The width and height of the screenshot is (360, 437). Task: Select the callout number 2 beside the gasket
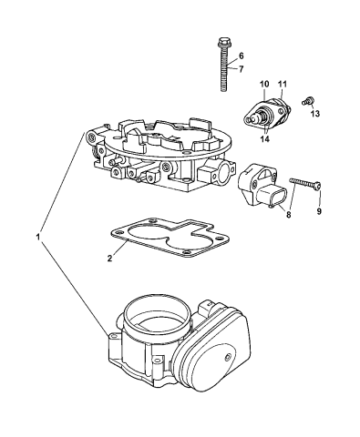[109, 259]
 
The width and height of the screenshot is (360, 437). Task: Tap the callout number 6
[241, 56]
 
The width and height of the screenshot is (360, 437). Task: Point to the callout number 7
[242, 69]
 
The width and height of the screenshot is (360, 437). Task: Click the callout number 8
[288, 215]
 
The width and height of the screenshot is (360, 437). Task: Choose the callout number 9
[319, 211]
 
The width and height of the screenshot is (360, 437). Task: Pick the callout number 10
[264, 84]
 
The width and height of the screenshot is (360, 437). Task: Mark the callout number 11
[283, 84]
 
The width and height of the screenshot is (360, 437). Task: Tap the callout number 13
[315, 114]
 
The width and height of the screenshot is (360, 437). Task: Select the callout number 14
[265, 139]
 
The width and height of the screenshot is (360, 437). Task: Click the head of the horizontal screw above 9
[318, 185]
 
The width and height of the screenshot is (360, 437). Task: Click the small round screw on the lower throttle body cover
[226, 358]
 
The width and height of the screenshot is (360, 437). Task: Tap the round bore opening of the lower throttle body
[158, 316]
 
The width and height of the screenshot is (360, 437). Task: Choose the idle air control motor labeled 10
[267, 113]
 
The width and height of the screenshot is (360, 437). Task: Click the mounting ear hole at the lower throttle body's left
[113, 336]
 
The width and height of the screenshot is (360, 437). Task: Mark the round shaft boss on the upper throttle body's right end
[226, 171]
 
